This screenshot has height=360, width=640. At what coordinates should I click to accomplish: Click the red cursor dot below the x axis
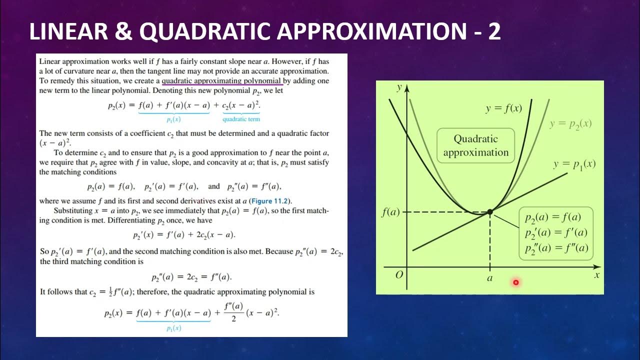[515, 282]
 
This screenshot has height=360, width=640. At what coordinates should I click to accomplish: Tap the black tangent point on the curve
[490, 212]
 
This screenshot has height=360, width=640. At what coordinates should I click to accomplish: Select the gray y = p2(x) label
[570, 123]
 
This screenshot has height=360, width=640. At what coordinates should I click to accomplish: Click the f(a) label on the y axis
[390, 212]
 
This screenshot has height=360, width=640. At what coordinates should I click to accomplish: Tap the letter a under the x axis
[489, 278]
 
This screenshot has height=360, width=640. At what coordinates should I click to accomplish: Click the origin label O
[399, 274]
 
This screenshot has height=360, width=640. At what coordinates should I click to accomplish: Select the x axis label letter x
[596, 274]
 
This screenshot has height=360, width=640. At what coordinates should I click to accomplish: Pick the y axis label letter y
[399, 87]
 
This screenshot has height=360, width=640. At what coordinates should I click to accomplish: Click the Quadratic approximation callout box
[475, 145]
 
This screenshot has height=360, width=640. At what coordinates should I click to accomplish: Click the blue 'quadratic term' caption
[241, 119]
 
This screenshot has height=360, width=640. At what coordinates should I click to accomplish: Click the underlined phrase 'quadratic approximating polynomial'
[222, 80]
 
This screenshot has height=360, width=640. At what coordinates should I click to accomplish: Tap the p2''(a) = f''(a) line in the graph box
[556, 248]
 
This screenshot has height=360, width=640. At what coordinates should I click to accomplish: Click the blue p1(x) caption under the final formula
[173, 328]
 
